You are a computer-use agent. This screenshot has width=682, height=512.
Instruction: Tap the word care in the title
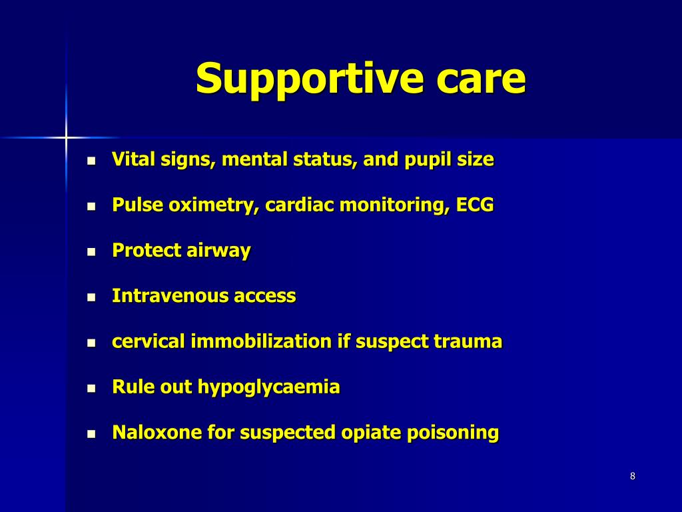481,79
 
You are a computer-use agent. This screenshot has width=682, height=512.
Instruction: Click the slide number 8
632,476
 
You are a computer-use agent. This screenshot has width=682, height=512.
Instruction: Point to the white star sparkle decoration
66,137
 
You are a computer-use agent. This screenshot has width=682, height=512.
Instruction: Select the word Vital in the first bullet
130,160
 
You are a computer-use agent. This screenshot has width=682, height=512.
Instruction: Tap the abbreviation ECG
475,205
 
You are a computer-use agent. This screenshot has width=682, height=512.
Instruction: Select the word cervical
149,341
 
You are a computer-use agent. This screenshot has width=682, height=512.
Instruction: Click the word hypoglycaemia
269,387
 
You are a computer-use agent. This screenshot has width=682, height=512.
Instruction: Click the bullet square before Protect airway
93,252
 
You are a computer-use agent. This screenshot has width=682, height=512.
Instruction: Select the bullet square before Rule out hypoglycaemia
93,388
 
